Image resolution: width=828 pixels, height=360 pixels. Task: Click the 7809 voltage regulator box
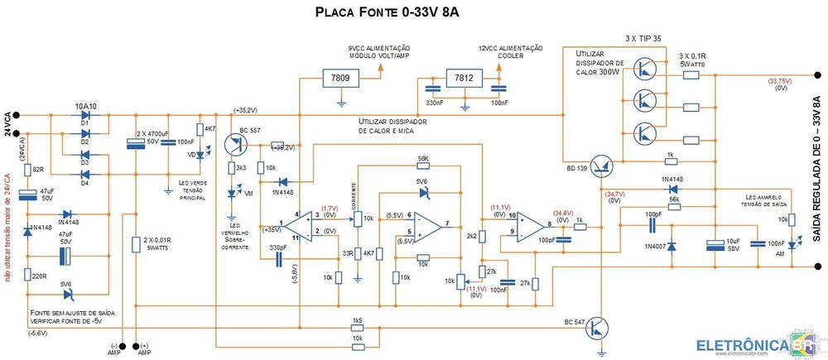point(340,79)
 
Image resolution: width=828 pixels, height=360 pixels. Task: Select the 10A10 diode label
point(86,107)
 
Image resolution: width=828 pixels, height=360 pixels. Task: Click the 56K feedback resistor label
point(423,158)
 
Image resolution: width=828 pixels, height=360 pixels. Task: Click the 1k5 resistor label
point(358,320)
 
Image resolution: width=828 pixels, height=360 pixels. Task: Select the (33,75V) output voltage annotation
point(780,81)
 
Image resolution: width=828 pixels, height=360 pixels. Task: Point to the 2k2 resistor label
point(470,237)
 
